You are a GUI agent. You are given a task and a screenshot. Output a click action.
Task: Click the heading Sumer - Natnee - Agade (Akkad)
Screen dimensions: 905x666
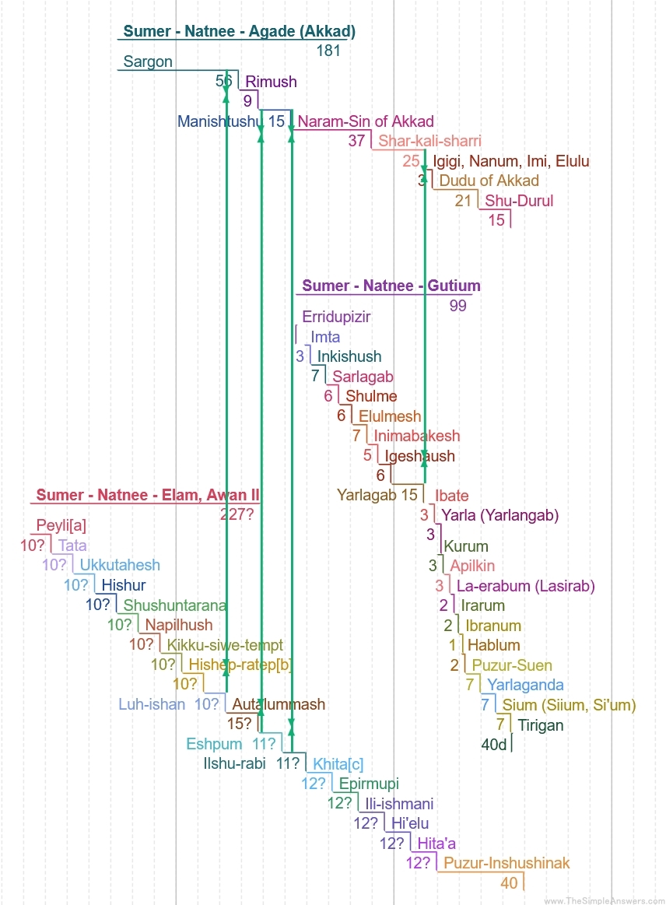point(239,32)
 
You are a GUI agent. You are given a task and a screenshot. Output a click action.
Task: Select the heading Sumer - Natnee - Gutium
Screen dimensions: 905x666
point(391,286)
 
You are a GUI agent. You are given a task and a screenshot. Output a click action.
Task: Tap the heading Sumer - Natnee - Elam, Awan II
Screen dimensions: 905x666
point(148,495)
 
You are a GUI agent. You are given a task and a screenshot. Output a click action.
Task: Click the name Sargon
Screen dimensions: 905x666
point(148,62)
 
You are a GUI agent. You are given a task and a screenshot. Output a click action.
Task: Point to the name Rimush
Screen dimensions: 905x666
point(271,82)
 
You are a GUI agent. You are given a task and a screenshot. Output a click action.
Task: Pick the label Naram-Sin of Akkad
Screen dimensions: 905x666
point(366,121)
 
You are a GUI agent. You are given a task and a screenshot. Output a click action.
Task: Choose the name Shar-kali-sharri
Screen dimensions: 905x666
point(429,141)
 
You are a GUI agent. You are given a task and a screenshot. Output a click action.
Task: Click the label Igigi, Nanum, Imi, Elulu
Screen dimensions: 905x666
point(510,162)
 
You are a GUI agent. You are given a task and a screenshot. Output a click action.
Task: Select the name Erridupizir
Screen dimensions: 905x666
point(336,317)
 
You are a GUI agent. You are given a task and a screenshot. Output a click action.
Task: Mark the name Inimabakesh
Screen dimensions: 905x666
point(417,436)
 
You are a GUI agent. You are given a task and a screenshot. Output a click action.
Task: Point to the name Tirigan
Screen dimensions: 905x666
point(541,725)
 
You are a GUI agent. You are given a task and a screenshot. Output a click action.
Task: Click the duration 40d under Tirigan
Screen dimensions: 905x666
point(494,745)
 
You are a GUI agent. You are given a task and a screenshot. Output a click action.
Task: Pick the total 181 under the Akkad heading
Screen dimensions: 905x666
point(328,51)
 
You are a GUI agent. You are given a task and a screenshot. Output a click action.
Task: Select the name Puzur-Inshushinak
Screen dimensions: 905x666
point(507,863)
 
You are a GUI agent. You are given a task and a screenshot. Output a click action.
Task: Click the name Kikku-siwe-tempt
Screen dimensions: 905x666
point(225,645)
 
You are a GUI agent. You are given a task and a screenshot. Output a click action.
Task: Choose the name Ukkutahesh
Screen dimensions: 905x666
point(120,565)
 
